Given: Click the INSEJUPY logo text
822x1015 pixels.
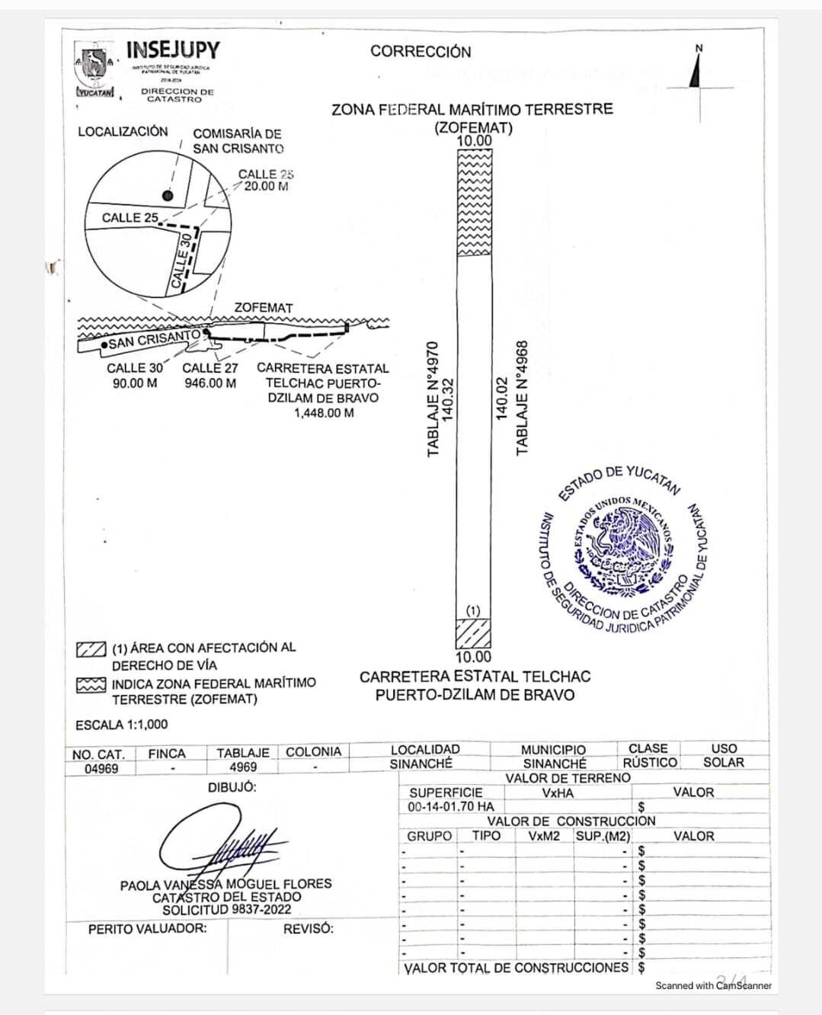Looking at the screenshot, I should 172,50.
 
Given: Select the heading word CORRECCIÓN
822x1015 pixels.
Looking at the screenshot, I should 421,52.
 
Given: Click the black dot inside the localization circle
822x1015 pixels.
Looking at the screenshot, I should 168,196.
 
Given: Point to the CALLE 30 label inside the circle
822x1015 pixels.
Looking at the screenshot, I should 182,261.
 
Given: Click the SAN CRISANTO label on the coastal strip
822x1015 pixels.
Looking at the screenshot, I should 154,339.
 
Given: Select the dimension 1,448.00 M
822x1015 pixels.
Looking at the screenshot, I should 324,413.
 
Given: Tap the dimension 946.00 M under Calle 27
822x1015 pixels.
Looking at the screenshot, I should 210,383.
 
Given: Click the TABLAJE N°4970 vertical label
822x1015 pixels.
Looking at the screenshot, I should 433,400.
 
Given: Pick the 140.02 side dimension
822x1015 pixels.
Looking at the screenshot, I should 501,397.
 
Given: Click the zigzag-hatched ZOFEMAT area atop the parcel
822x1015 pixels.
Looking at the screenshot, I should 473,202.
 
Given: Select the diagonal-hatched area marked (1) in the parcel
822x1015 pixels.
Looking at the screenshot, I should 472,632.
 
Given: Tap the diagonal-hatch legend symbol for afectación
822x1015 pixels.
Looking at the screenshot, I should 91,649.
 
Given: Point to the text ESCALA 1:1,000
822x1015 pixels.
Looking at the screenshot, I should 122,724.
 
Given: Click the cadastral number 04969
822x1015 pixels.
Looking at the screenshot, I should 101,769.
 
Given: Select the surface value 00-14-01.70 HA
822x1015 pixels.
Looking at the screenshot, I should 451,806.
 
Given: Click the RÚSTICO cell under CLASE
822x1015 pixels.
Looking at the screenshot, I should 649,763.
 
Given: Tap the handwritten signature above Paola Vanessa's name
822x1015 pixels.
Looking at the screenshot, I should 221,844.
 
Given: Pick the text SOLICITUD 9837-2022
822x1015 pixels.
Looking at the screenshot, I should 226,910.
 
